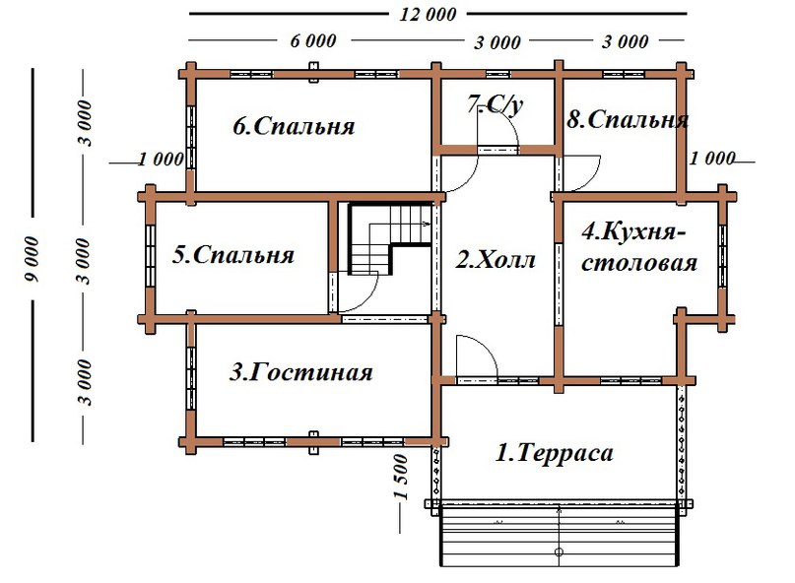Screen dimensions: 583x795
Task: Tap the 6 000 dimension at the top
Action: tap(313, 41)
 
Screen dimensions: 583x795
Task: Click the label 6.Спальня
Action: tap(294, 127)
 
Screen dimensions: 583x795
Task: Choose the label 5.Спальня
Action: tap(233, 255)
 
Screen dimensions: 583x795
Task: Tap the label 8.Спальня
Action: tap(628, 120)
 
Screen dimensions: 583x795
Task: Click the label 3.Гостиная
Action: tap(301, 372)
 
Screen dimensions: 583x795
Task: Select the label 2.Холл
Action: tap(497, 261)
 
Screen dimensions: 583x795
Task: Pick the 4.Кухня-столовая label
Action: tap(639, 248)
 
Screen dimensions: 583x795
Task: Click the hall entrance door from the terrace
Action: tap(476, 359)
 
